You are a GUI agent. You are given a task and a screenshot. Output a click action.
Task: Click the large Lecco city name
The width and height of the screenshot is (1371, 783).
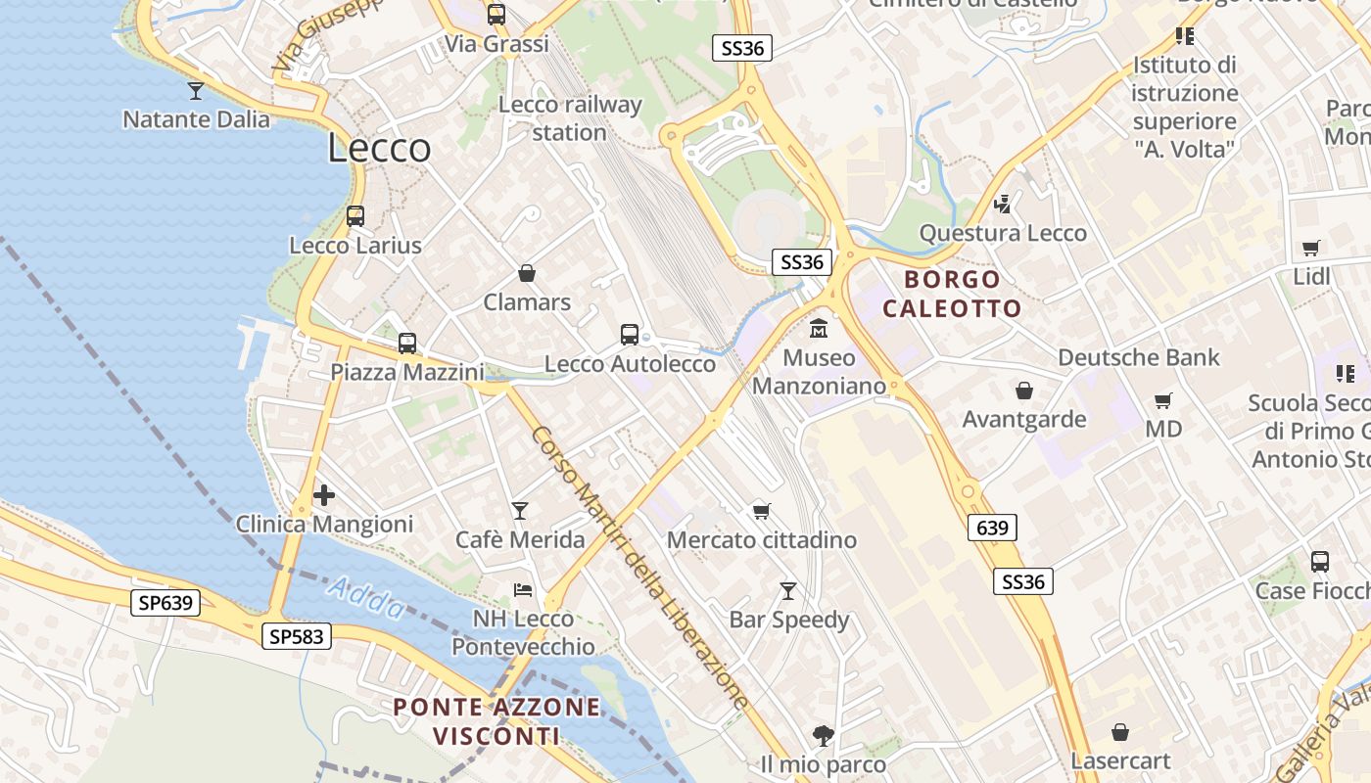tap(379, 148)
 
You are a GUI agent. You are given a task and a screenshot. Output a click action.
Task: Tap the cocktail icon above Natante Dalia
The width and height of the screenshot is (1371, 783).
tap(196, 91)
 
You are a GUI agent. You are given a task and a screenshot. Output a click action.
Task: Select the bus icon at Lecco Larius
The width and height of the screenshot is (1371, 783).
tap(355, 216)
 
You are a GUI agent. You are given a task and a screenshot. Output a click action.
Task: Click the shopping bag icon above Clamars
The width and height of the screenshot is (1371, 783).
tap(527, 273)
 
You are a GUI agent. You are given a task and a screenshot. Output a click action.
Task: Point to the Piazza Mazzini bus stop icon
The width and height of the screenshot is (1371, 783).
tap(406, 344)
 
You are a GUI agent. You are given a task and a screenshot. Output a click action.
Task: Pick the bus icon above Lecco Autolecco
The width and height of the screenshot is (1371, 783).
tap(630, 335)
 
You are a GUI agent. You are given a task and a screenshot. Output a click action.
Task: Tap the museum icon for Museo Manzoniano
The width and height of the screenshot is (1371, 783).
tap(819, 329)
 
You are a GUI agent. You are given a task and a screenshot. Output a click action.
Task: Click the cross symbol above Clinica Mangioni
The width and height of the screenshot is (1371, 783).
tap(324, 495)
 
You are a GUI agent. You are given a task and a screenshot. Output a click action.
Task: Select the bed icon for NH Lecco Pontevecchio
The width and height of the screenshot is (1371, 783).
tap(523, 590)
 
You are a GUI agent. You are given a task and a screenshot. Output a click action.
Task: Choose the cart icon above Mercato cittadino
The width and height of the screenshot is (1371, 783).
tap(761, 511)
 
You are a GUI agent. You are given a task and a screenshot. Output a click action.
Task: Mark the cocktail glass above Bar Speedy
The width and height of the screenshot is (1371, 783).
tap(788, 591)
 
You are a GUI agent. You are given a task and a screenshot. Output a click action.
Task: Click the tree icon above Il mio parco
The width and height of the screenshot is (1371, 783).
tap(823, 735)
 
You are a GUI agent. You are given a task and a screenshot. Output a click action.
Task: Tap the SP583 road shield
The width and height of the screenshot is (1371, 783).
tap(298, 637)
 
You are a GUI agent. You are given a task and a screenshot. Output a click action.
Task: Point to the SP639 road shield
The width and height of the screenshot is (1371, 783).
tap(165, 603)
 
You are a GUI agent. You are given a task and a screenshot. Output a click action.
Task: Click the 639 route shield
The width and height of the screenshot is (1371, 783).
tap(992, 529)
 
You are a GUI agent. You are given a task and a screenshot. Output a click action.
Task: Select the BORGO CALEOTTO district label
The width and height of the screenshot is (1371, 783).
tap(952, 294)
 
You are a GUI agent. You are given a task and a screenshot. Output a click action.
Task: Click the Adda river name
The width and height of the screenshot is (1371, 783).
tap(366, 598)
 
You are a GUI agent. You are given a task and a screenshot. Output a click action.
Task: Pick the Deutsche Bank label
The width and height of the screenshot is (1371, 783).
tap(1139, 357)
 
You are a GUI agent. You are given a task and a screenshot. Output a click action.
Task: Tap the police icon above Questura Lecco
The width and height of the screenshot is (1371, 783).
tap(1002, 205)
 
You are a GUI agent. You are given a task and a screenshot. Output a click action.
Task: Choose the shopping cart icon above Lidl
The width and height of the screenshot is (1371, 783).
tap(1311, 249)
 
